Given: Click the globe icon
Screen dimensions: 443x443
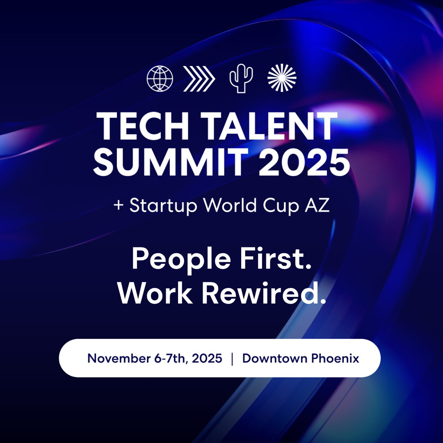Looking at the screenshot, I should click(160, 78).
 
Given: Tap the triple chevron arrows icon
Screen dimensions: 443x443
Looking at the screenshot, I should click(199, 78).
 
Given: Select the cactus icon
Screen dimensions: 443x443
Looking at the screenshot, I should click(241, 78).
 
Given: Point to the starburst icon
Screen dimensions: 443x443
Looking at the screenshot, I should click(282, 78).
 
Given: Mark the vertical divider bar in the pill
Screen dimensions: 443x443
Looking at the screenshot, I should click(233, 359).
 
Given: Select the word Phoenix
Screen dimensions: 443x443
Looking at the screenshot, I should click(335, 359).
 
